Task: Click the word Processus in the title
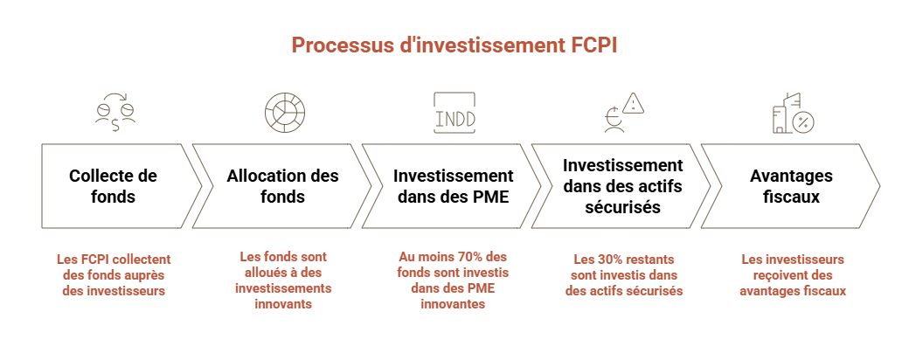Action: coord(321,44)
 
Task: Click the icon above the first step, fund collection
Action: coord(114,112)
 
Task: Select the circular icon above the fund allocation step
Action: coord(285,112)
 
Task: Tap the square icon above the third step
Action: coord(455,111)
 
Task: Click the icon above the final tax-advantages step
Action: coord(793,112)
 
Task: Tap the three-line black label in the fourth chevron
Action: coord(623,184)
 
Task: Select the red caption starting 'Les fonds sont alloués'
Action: coord(285,282)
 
